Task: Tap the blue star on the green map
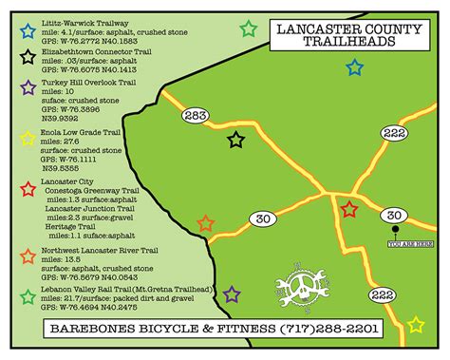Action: (x=354, y=67)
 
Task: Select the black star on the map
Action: (x=235, y=141)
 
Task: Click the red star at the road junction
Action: (x=349, y=209)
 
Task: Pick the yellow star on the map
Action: (x=416, y=325)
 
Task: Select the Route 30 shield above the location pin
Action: (x=395, y=217)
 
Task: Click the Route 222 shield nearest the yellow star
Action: (x=383, y=295)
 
